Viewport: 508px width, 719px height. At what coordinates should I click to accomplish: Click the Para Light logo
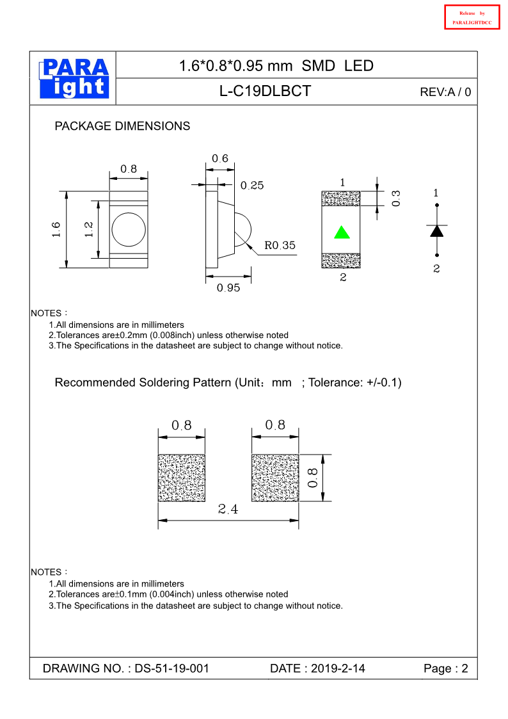[x=74, y=79]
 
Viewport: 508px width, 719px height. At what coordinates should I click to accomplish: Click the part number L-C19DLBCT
[x=265, y=92]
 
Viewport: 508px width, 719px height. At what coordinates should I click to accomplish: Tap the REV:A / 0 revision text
[x=445, y=92]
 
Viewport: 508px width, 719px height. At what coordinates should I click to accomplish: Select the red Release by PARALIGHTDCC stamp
[x=472, y=17]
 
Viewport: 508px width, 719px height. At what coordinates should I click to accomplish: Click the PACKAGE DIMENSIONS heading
[x=122, y=126]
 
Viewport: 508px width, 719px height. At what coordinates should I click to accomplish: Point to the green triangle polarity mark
[x=342, y=232]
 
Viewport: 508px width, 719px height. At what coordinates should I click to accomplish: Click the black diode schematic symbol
[x=437, y=230]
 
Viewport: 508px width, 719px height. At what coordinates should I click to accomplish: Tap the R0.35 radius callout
[x=280, y=245]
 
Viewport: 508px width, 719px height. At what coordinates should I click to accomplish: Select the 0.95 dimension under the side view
[x=228, y=288]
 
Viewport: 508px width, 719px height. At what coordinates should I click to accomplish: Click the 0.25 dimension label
[x=252, y=186]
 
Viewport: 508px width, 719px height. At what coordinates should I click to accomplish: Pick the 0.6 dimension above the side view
[x=220, y=159]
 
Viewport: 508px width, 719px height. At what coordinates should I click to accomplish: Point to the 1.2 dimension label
[x=89, y=229]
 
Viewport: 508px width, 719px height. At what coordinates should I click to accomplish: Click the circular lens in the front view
[x=128, y=229]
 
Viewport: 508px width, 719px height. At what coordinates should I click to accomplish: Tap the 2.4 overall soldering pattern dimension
[x=228, y=510]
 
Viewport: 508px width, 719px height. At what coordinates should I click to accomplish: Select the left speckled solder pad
[x=182, y=478]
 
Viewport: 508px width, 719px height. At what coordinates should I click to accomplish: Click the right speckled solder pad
[x=275, y=478]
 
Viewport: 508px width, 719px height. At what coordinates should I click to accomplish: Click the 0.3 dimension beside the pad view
[x=396, y=198]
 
